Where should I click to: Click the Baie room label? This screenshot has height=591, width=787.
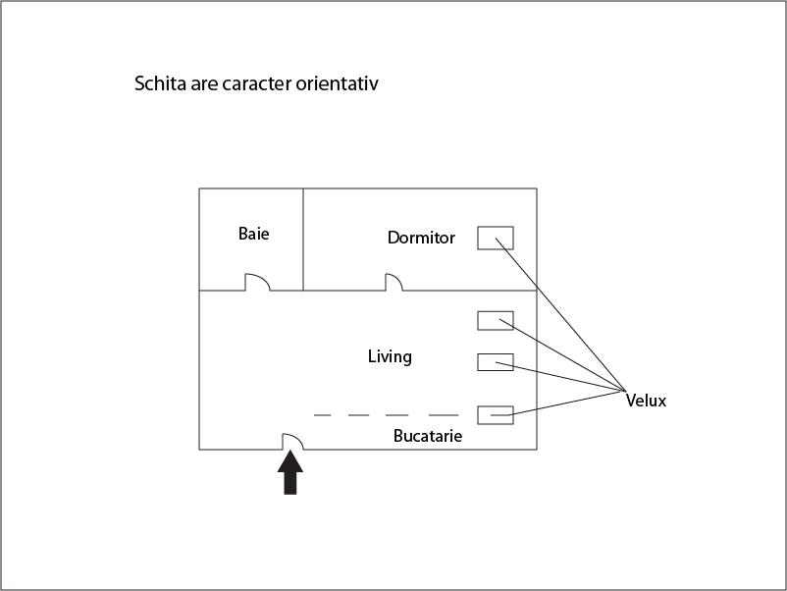[253, 234]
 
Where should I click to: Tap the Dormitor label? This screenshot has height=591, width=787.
[421, 238]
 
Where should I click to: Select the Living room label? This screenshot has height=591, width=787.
[390, 357]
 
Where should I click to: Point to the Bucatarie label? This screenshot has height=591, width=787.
[428, 435]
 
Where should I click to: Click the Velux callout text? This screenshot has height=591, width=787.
[646, 401]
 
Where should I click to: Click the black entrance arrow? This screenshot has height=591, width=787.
[290, 472]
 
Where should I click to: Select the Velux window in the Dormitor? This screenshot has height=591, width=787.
[496, 238]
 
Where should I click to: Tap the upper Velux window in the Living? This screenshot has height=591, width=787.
[496, 321]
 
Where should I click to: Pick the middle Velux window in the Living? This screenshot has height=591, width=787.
[496, 362]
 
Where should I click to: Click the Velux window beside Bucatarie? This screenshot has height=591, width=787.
[496, 415]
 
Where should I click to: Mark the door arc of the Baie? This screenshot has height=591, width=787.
[257, 282]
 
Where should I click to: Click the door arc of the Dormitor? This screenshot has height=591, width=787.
[394, 282]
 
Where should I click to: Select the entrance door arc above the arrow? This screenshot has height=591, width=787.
[293, 442]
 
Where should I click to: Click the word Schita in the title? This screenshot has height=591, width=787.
[160, 82]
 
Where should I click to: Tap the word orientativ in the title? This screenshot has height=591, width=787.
[337, 82]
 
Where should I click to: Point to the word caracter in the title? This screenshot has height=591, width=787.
[256, 83]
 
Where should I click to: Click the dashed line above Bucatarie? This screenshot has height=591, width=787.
[386, 415]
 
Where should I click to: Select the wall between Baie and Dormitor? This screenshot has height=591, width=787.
[303, 240]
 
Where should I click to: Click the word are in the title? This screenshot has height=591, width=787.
[204, 84]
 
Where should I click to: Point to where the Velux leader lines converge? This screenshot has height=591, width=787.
[625, 391]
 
